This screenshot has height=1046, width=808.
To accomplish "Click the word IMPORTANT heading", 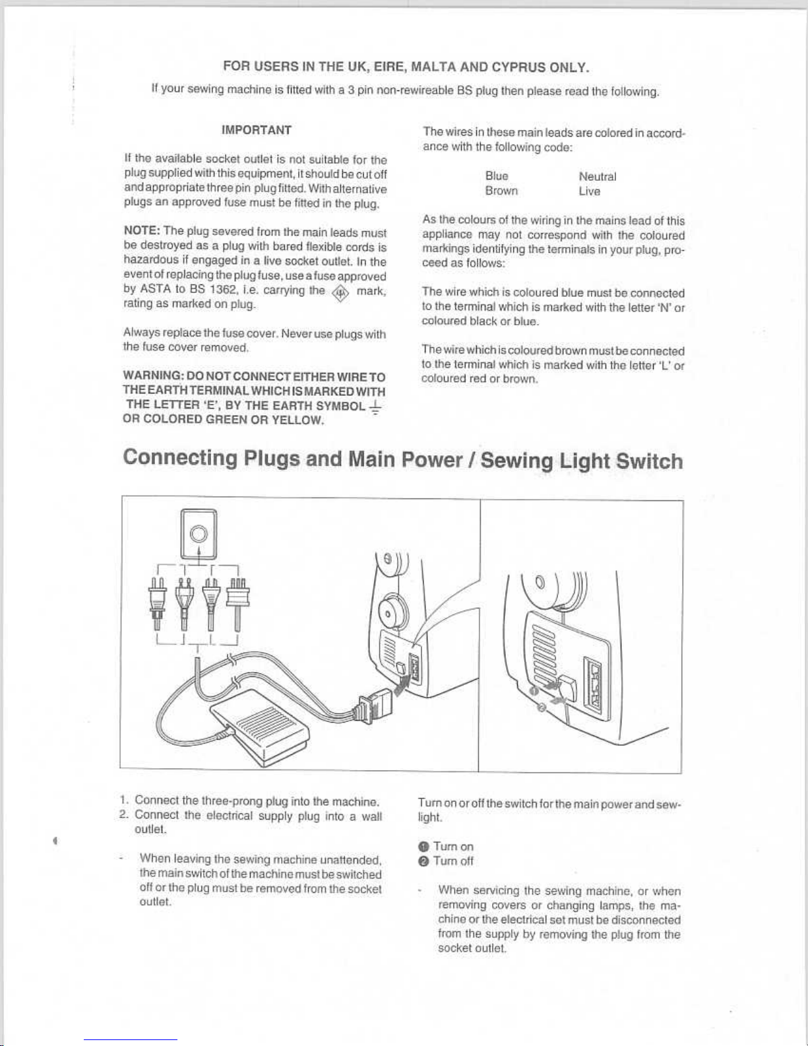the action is (257, 131).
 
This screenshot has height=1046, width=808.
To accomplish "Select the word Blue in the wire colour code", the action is (497, 176).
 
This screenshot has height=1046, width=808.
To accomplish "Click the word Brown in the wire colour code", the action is (502, 191).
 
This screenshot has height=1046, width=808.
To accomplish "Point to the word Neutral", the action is (598, 177).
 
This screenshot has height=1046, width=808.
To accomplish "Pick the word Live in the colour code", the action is (589, 191).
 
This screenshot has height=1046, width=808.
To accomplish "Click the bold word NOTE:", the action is (142, 232).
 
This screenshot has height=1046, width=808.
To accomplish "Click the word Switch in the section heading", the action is (649, 461).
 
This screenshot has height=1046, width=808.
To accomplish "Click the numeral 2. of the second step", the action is (123, 814).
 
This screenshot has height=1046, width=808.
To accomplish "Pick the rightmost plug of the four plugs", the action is (237, 604).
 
